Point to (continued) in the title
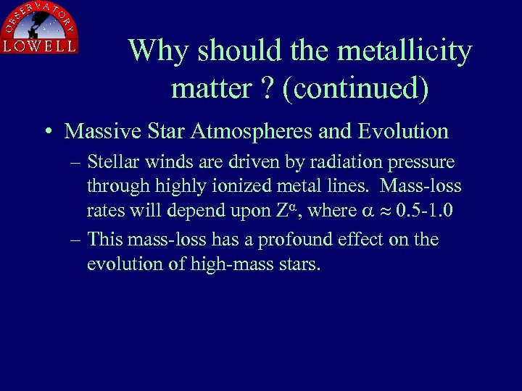coord(355,88)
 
